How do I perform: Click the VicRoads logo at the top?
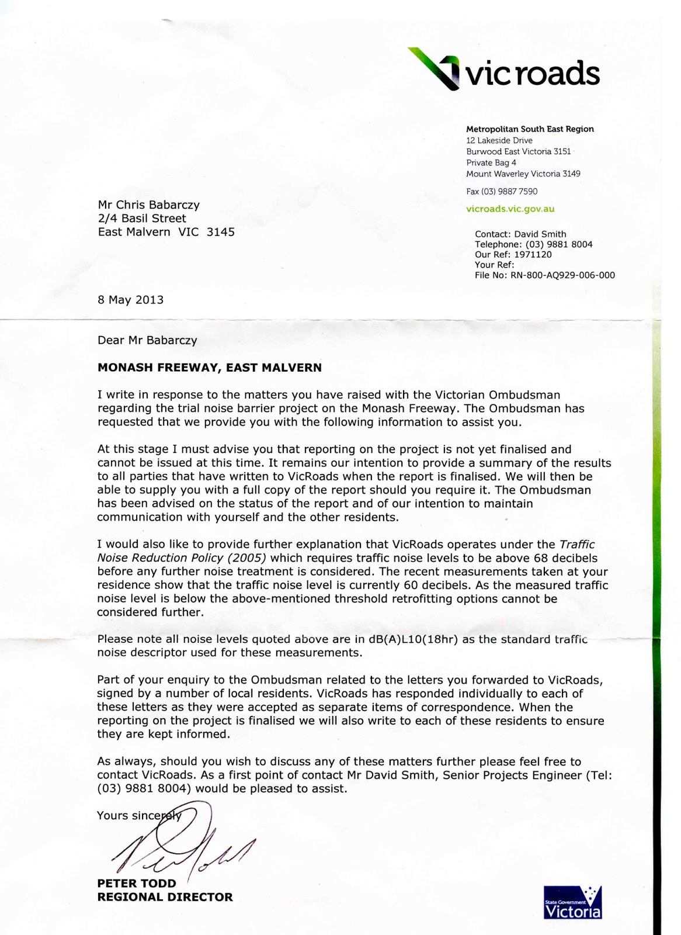(503, 70)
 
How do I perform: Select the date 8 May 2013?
(131, 300)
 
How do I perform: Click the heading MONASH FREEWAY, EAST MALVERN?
(209, 368)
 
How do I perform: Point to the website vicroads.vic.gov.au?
(510, 209)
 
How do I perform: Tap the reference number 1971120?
(533, 254)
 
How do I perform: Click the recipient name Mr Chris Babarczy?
(149, 205)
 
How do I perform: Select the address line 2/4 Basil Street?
(142, 218)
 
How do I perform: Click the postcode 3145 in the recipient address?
(221, 232)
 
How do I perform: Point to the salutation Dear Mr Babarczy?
(147, 340)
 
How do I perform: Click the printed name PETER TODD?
(137, 884)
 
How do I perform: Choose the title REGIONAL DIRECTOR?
(165, 897)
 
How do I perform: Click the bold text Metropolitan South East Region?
(530, 129)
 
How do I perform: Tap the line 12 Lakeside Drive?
(499, 140)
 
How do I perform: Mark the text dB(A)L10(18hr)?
(414, 639)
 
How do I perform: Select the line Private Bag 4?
(491, 162)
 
